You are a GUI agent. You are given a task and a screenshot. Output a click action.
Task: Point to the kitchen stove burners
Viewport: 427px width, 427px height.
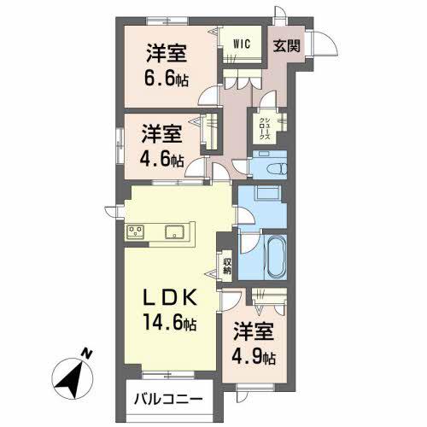pyautogui.click(x=135, y=230)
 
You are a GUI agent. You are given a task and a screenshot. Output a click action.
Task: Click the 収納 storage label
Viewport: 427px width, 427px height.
pyautogui.click(x=227, y=265)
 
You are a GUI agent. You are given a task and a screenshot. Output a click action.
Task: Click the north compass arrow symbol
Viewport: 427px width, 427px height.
pyautogui.click(x=72, y=376)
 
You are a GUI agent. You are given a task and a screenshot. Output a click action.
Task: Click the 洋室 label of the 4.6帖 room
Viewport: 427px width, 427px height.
pyautogui.click(x=162, y=134)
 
